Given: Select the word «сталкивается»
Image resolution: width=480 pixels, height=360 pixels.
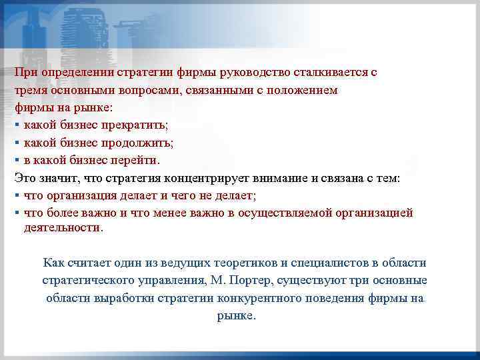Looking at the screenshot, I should point(331,73).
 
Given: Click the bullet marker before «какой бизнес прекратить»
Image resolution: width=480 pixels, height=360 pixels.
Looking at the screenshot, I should point(17,125).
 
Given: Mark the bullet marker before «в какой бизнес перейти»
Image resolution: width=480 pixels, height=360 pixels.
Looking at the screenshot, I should point(17,160).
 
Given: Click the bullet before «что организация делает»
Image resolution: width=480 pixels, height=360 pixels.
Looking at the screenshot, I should point(17,195).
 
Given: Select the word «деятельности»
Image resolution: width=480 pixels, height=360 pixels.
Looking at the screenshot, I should point(63,227).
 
